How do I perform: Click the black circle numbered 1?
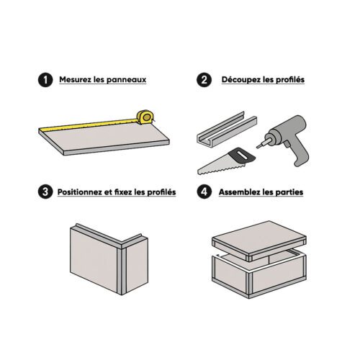coord(45,80)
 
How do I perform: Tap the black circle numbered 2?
coord(206,80)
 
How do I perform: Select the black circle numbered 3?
coord(45,192)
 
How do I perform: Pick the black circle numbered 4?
coord(206,192)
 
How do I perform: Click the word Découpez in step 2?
coord(239,80)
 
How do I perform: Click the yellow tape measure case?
coord(145,116)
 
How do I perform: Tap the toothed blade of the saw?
coord(216,166)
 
